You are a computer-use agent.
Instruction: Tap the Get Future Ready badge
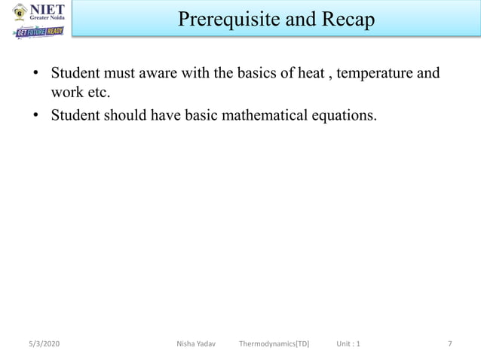coord(38,32)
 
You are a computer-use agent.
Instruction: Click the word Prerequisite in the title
coord(226,20)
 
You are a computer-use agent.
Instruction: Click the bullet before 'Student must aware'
coord(35,75)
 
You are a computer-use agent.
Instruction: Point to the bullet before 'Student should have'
coord(35,116)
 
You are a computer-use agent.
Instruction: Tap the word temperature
coord(375,74)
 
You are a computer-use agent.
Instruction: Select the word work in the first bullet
coord(66,94)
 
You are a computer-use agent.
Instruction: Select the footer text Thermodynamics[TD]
coord(274,344)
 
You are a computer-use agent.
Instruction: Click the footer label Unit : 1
coord(348,344)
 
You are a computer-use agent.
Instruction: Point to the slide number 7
coord(450,344)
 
